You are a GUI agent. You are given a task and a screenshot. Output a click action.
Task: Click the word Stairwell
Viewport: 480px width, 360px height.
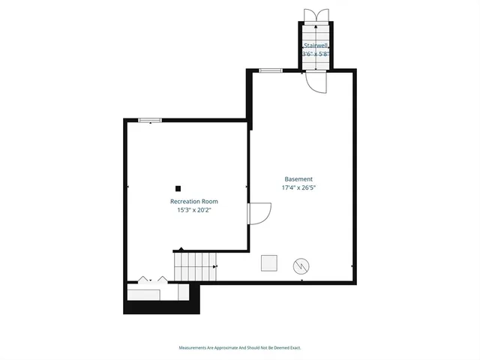coord(316,46)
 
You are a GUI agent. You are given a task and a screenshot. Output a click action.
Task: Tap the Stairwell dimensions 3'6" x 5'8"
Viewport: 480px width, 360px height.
coord(316,54)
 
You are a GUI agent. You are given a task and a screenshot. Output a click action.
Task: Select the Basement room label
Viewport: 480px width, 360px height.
coord(298,179)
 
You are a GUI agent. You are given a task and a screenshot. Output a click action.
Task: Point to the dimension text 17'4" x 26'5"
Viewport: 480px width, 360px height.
coord(298,188)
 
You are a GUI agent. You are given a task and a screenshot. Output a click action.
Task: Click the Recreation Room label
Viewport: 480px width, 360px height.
coord(194,202)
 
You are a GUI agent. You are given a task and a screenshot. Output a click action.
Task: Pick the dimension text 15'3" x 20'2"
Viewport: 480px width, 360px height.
coord(194,211)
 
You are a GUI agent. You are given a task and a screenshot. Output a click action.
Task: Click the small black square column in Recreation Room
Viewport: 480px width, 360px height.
coord(178,188)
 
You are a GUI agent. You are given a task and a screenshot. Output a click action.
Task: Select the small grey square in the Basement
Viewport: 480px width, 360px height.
coord(268,262)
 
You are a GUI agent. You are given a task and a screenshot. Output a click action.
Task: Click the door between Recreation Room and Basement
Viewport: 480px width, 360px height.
coord(258,213)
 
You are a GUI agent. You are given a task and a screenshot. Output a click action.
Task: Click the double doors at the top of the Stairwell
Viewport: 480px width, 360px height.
coord(316,16)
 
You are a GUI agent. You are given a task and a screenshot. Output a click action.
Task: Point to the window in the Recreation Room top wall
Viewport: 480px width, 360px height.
coord(149,119)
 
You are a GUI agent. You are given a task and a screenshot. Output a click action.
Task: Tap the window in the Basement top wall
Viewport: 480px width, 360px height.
coord(270,70)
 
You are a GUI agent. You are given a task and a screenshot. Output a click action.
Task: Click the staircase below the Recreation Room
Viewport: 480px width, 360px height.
coord(195,265)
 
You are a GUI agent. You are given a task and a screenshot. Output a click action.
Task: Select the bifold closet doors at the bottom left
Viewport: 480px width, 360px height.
coord(153,280)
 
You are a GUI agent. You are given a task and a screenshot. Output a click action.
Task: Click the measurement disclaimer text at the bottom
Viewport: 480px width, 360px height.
coord(240,348)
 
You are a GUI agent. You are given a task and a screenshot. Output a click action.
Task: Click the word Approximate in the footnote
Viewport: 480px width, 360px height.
coord(223,348)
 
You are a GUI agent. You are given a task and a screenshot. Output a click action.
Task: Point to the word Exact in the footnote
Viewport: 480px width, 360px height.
coord(295,348)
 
